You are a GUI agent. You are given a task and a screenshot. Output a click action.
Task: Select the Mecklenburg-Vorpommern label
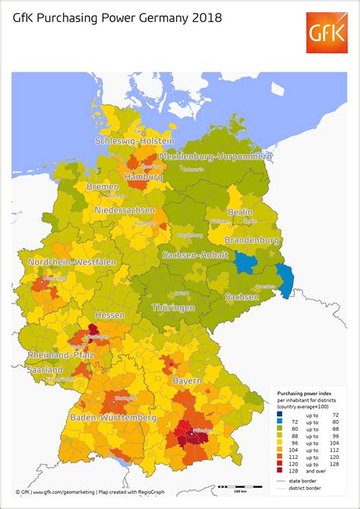pos(215,156)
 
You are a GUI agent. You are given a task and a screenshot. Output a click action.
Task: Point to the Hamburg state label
pos(144,176)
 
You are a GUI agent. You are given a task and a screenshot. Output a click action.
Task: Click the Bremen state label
pos(103,186)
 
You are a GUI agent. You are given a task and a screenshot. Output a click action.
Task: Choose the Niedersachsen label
pos(125,210)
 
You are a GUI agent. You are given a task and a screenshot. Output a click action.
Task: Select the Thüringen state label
pos(180,308)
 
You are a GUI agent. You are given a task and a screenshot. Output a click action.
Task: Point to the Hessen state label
pos(109,315)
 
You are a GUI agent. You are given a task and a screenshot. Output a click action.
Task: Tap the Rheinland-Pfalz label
pos(60,356)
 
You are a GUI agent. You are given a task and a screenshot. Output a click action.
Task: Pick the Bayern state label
pos(187,379)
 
